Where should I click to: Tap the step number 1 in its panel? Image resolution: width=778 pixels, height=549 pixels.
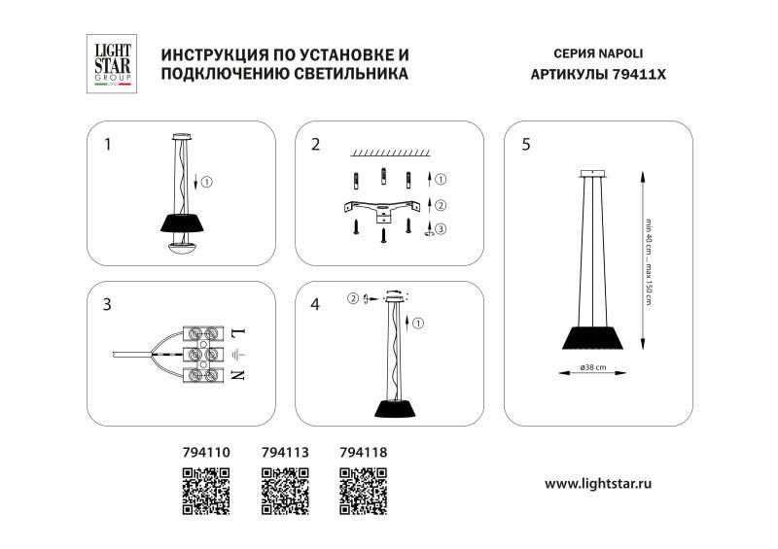[x=108, y=146]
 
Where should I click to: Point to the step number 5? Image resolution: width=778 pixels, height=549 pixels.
[x=526, y=146]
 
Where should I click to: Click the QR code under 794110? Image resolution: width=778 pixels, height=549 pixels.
[x=206, y=490]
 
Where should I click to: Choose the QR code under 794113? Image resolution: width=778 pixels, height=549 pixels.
[x=285, y=490]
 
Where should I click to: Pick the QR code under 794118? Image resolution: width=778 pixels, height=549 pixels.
[x=364, y=490]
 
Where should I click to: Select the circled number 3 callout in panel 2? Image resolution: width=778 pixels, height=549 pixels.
[x=441, y=229]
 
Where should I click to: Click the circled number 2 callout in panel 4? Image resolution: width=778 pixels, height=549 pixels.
[x=356, y=298]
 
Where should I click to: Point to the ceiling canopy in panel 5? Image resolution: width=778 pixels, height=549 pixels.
[x=591, y=175]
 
